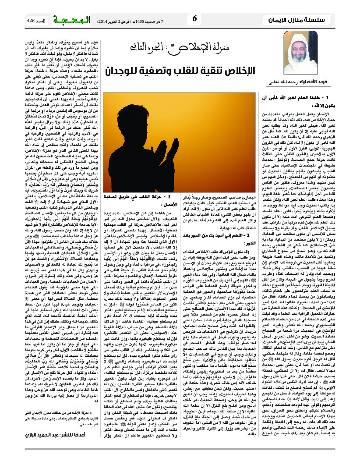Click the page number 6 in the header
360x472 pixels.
(195, 19)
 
